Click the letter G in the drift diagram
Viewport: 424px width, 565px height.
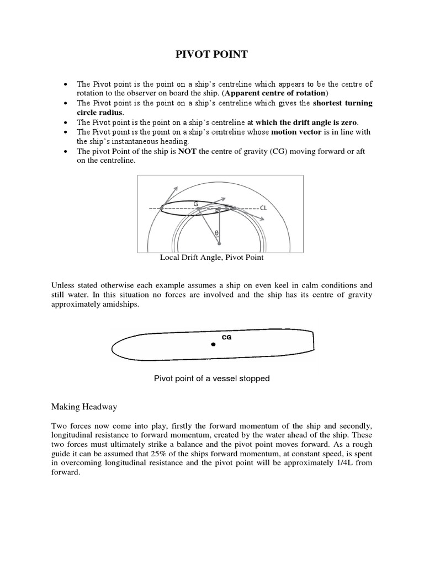pyautogui.click(x=195, y=203)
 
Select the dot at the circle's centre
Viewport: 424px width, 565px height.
pyautogui.click(x=219, y=243)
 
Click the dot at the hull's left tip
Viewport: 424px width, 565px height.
pyautogui.click(x=161, y=209)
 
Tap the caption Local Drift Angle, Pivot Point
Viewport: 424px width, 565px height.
pyautogui.click(x=211, y=257)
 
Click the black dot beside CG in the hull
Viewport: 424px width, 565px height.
pyautogui.click(x=213, y=345)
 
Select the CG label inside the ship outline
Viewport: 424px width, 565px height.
pyautogui.click(x=226, y=337)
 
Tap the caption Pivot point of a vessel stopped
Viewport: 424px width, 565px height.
pyautogui.click(x=211, y=379)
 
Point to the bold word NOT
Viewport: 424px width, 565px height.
pyautogui.click(x=185, y=152)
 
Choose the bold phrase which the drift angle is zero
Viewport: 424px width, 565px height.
pyautogui.click(x=303, y=122)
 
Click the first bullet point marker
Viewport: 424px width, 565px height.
pyautogui.click(x=66, y=84)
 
